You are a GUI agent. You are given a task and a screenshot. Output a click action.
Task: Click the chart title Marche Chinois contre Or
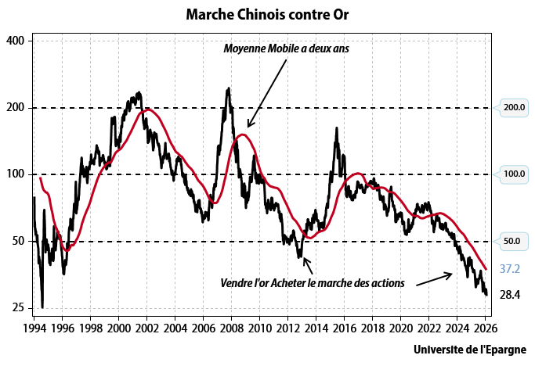pyautogui.click(x=267, y=15)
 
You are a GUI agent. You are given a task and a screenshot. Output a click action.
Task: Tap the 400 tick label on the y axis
pyautogui.click(x=16, y=41)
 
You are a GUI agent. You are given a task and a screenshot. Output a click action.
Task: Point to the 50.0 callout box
pyautogui.click(x=512, y=242)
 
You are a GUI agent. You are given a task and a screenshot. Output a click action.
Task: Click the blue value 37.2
pyautogui.click(x=510, y=269)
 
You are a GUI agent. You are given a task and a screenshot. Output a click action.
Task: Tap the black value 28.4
pyautogui.click(x=510, y=295)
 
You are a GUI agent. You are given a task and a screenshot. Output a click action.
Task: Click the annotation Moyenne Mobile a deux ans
pyautogui.click(x=286, y=48)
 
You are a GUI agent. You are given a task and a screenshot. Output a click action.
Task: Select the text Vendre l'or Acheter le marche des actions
pyautogui.click(x=312, y=283)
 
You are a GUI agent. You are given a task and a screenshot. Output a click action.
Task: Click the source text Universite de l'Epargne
pyautogui.click(x=470, y=350)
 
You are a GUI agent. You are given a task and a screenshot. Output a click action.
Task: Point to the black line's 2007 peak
pyautogui.click(x=228, y=88)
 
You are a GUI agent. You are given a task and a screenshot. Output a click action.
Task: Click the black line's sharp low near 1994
pyautogui.click(x=42, y=307)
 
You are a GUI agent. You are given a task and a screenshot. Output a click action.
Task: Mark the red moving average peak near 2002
pyautogui.click(x=148, y=109)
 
